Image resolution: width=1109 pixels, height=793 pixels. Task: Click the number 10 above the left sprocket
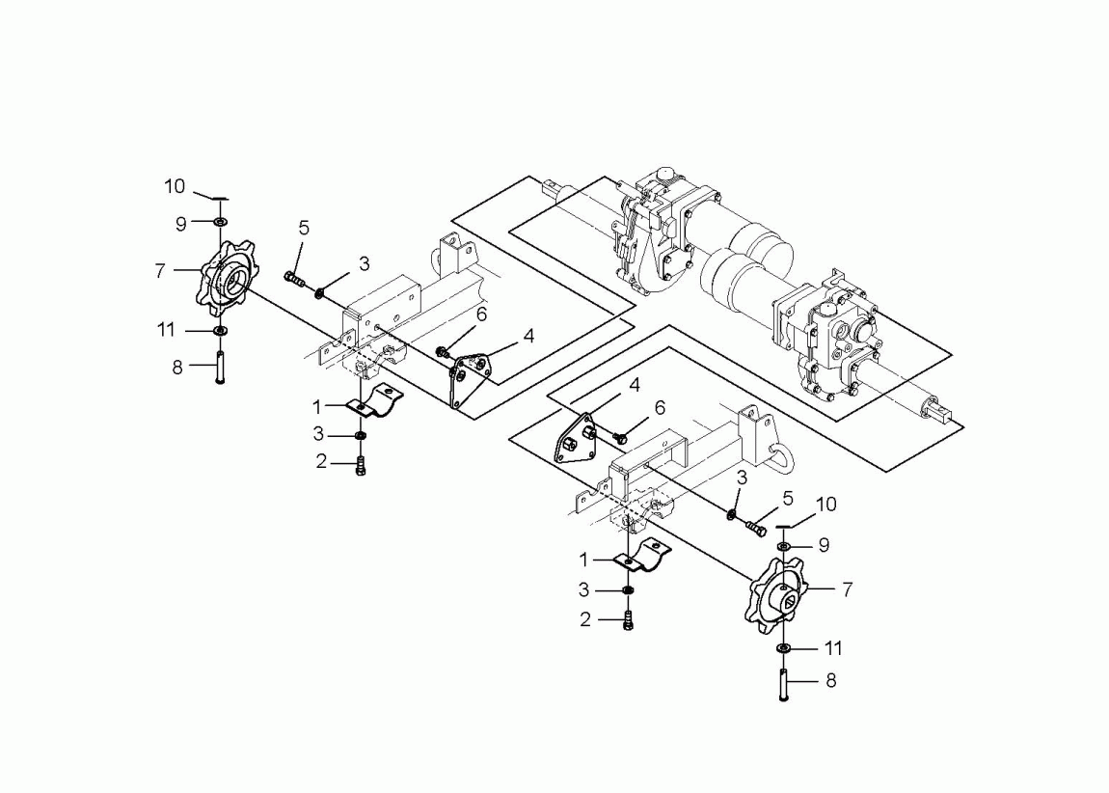175,186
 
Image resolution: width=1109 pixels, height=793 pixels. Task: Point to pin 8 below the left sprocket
220,369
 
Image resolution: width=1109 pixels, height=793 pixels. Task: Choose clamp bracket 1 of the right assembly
640,558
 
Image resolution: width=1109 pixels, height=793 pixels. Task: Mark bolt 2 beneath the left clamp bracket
361,467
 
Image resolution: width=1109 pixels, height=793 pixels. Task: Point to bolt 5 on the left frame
293,280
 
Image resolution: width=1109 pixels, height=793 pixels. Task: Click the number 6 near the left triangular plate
481,314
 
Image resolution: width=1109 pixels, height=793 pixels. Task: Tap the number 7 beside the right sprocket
847,588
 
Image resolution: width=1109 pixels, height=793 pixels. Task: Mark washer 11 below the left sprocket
220,332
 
